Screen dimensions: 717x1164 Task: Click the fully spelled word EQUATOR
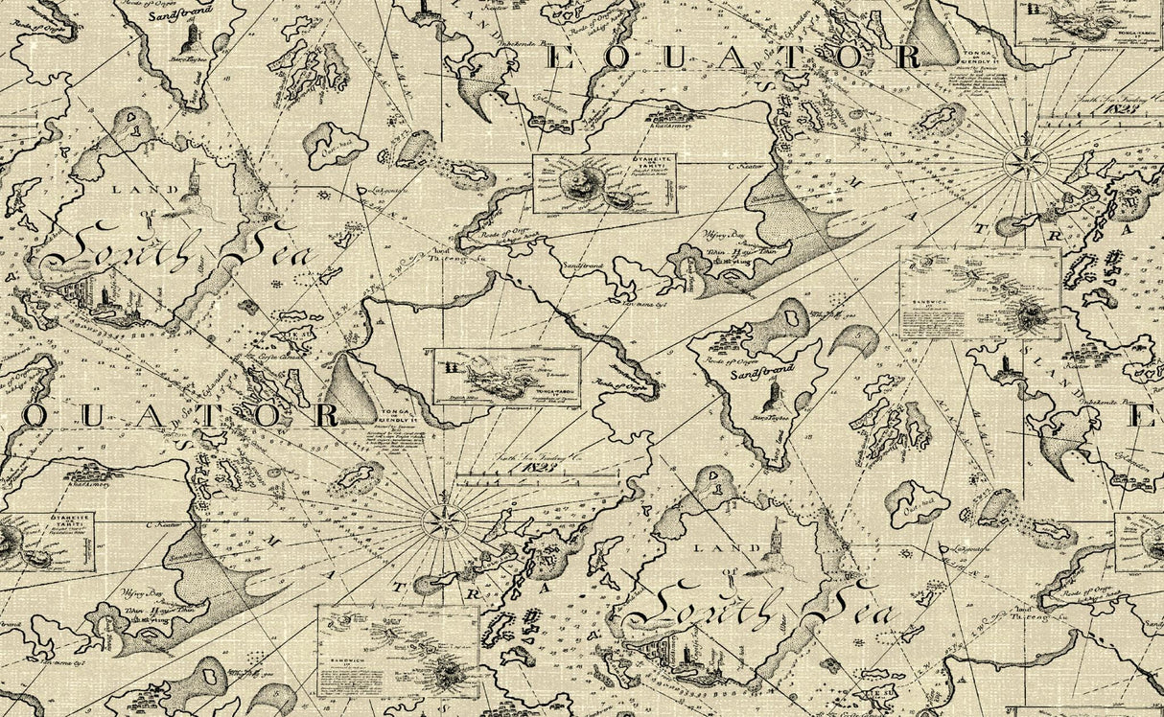coord(734,58)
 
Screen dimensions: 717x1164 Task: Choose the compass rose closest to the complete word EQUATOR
coord(1025,163)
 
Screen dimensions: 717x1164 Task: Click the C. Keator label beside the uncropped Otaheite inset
coord(745,167)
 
